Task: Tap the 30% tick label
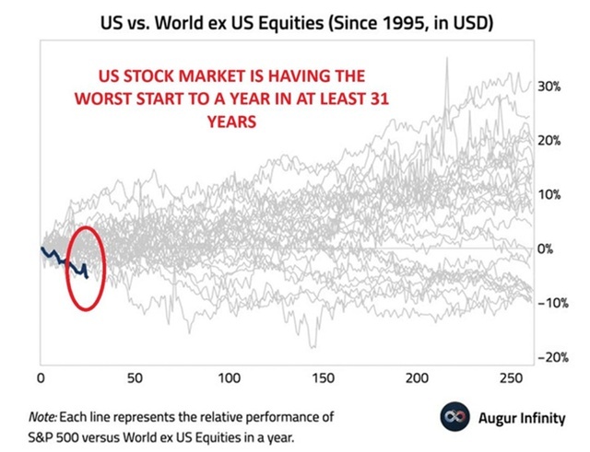point(551,87)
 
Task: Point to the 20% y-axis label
point(551,141)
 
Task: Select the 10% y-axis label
point(551,195)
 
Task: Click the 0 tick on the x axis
point(41,378)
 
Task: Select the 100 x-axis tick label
point(230,378)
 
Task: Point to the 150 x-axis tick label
point(324,378)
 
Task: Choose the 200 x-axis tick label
point(419,378)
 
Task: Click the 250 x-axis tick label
point(513,378)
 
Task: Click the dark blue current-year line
point(65,260)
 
